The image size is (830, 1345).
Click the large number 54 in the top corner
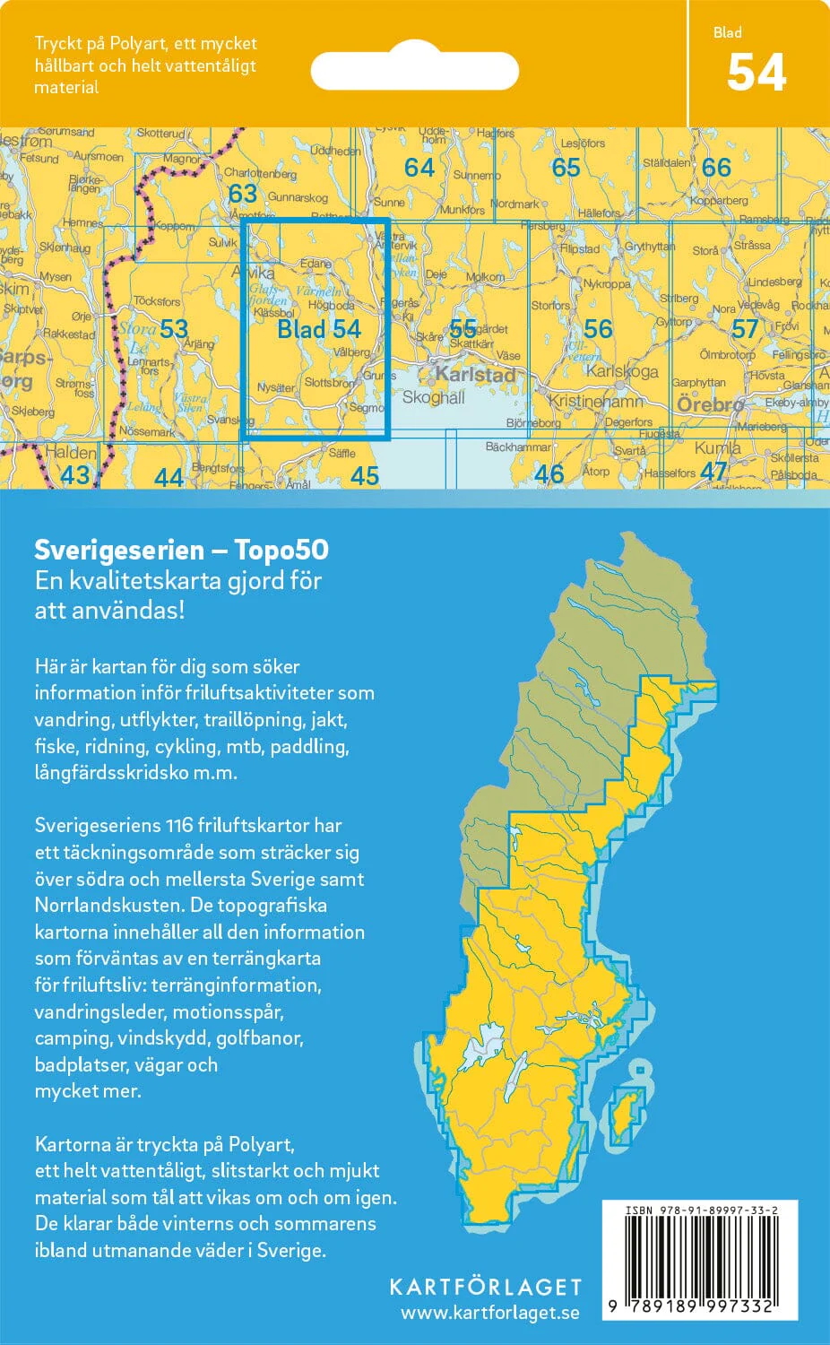pyautogui.click(x=757, y=74)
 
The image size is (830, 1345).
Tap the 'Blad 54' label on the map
pyautogui.click(x=318, y=329)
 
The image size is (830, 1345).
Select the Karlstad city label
pyautogui.click(x=476, y=374)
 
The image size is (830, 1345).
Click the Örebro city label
pyautogui.click(x=710, y=404)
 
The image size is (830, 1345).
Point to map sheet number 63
pyautogui.click(x=242, y=194)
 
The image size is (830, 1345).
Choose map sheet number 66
pyautogui.click(x=716, y=168)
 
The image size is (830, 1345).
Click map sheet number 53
pyautogui.click(x=174, y=328)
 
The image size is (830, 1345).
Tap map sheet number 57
pyautogui.click(x=745, y=329)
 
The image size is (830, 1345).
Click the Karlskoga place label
pyautogui.click(x=622, y=371)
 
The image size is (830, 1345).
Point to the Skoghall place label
pyautogui.click(x=433, y=396)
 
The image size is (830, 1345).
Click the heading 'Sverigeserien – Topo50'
pyautogui.click(x=181, y=550)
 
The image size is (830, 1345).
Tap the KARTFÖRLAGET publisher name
pyautogui.click(x=485, y=1288)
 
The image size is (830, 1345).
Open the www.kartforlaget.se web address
pyautogui.click(x=489, y=1314)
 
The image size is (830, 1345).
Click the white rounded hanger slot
pyautogui.click(x=414, y=71)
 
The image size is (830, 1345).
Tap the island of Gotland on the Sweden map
pyautogui.click(x=626, y=1116)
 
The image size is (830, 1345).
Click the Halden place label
pyautogui.click(x=70, y=452)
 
